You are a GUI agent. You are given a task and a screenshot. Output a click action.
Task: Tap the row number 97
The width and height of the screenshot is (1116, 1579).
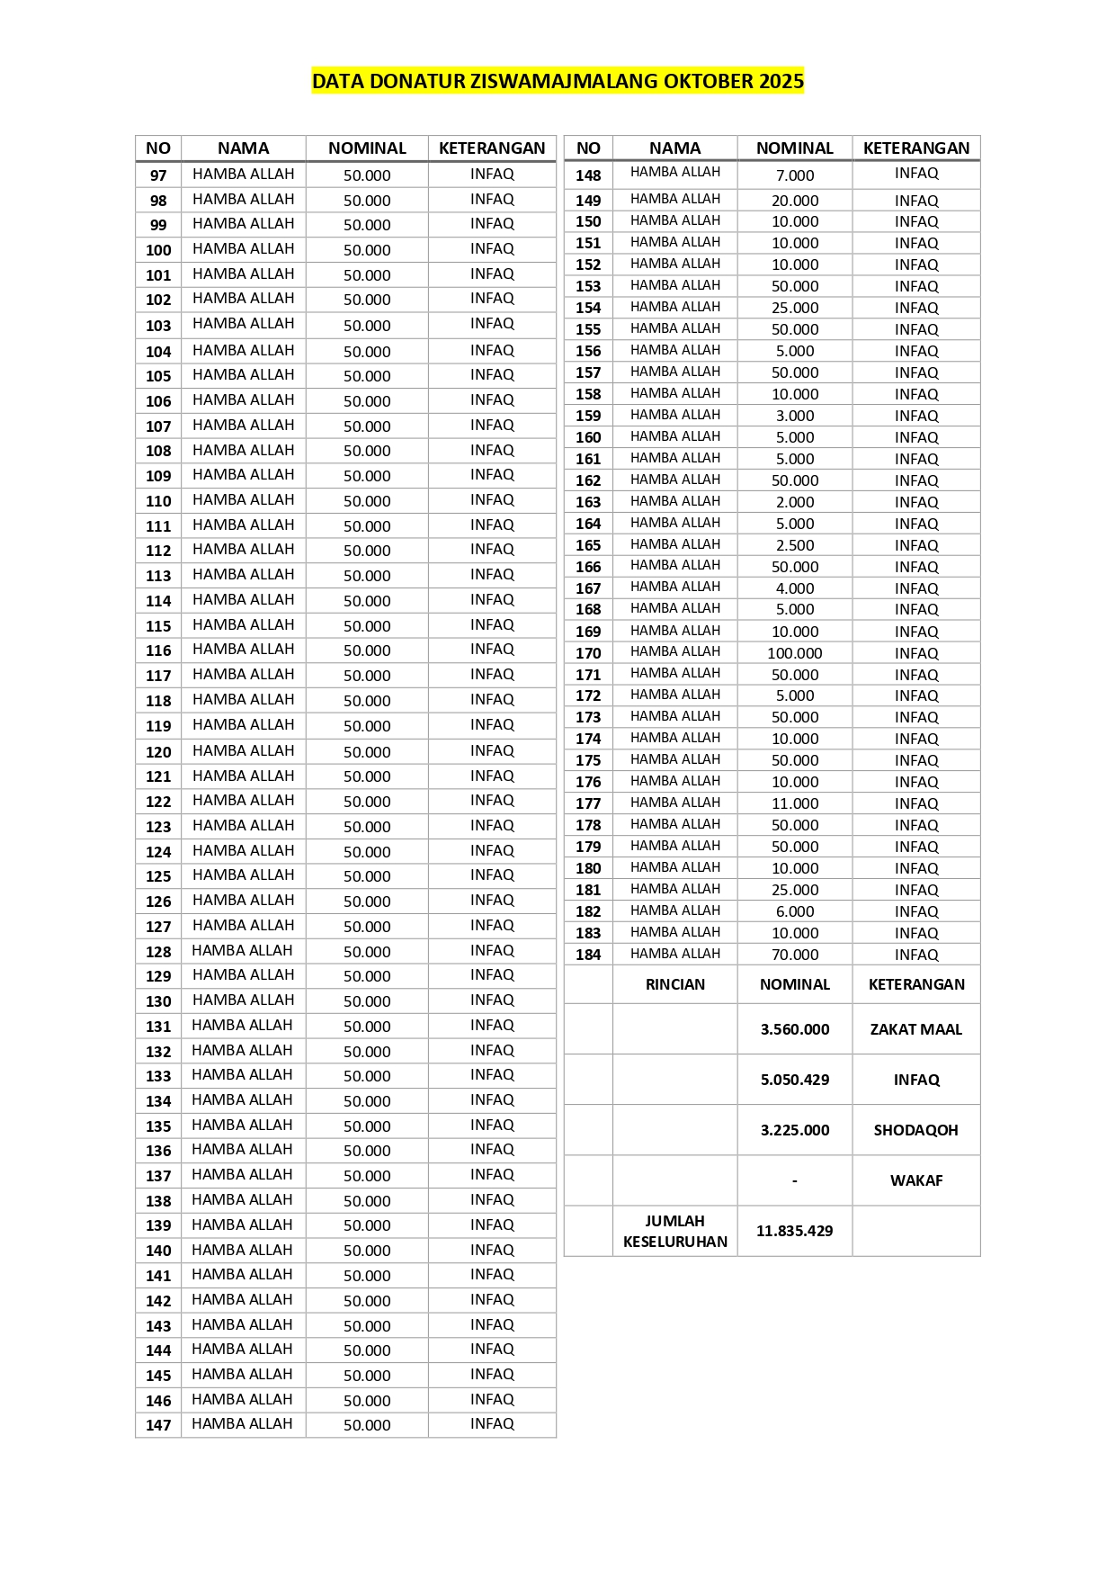click(x=158, y=175)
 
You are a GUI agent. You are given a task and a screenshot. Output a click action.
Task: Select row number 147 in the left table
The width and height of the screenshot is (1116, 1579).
click(x=158, y=1425)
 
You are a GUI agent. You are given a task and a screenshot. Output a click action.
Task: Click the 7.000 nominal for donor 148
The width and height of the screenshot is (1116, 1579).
click(x=795, y=175)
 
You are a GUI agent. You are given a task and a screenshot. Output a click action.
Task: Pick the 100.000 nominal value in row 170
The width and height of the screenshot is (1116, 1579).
click(x=795, y=653)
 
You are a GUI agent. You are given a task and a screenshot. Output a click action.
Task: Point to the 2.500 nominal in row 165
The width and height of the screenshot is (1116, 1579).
click(x=795, y=545)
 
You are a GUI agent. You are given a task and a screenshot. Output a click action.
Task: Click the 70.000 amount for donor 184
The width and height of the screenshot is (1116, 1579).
click(x=795, y=955)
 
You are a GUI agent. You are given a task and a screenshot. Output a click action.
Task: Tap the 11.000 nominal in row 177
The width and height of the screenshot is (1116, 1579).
click(x=795, y=803)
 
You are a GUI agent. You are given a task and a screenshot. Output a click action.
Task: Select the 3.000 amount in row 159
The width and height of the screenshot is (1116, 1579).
click(x=795, y=416)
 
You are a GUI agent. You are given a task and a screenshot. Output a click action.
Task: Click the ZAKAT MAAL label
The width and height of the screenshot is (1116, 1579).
click(x=915, y=1029)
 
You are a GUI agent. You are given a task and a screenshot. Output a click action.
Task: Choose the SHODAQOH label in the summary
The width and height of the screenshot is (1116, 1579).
click(x=915, y=1130)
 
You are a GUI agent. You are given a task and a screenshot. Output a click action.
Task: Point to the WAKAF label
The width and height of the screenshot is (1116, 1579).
click(x=915, y=1180)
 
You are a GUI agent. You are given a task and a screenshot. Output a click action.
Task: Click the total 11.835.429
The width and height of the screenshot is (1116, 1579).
click(x=795, y=1231)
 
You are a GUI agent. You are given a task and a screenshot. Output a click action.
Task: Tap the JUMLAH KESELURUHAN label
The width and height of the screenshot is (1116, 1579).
click(x=675, y=1231)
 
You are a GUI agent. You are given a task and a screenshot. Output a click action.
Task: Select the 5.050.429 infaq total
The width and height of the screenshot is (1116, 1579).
click(x=795, y=1080)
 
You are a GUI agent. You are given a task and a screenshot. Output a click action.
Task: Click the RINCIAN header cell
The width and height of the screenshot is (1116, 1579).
click(x=675, y=984)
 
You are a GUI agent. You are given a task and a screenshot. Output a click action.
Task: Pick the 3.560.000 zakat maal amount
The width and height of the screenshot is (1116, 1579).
click(x=795, y=1029)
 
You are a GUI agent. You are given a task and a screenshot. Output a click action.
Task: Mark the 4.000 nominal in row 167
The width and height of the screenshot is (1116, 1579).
click(x=795, y=588)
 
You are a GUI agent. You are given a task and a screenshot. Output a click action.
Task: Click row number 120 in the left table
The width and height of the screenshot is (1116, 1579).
click(x=158, y=752)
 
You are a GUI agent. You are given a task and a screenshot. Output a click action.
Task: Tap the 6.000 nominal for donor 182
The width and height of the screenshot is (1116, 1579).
click(x=795, y=911)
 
